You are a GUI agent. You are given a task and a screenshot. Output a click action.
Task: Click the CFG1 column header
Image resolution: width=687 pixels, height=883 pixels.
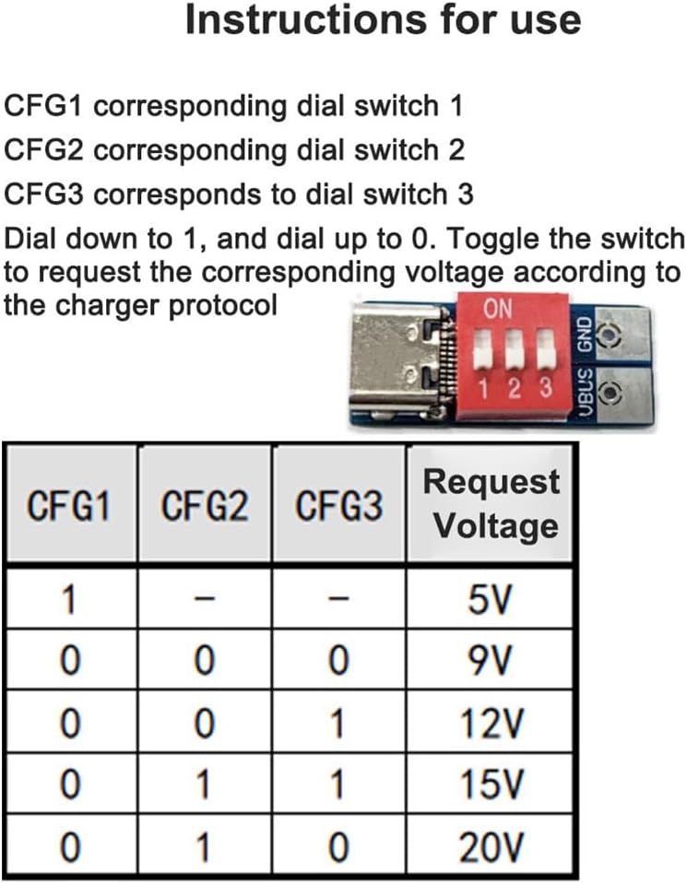tap(68, 506)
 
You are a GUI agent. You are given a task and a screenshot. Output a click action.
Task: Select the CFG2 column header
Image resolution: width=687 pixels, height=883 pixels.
tap(204, 506)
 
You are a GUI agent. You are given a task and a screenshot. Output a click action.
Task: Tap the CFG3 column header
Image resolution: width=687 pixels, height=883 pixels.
tap(338, 506)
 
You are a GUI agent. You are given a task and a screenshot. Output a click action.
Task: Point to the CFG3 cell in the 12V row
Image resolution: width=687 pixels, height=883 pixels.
tap(338, 724)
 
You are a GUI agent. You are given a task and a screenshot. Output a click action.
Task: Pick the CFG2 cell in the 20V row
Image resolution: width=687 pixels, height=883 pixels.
tap(204, 847)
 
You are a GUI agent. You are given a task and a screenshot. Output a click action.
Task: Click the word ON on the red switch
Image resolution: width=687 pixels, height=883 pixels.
tap(498, 310)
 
